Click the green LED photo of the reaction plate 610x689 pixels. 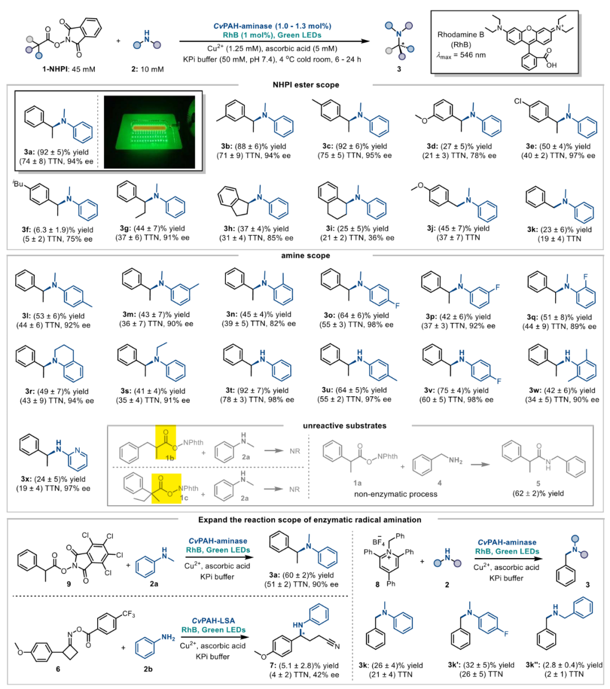pyautogui.click(x=150, y=132)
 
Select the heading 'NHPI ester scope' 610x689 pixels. pyautogui.click(x=306, y=85)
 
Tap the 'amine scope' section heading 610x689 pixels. pyautogui.click(x=306, y=256)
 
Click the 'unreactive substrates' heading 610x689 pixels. pyautogui.click(x=345, y=426)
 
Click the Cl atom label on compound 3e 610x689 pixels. pyautogui.click(x=518, y=102)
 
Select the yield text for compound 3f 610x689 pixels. pyautogui.click(x=58, y=230)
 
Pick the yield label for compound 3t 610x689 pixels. pyautogui.click(x=256, y=390)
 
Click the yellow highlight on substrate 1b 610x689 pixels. pyautogui.click(x=166, y=442)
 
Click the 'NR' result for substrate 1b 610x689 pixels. pyautogui.click(x=295, y=451)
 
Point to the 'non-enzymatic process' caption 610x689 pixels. pyautogui.click(x=395, y=494)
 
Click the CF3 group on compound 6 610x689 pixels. pyautogui.click(x=129, y=613)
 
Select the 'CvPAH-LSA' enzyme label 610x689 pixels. pyautogui.click(x=213, y=620)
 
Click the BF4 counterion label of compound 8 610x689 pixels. pyautogui.click(x=378, y=541)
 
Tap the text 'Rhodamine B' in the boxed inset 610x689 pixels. pyautogui.click(x=460, y=34)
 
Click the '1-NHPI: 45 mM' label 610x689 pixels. pyautogui.click(x=69, y=69)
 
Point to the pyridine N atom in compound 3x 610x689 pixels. pyautogui.click(x=77, y=450)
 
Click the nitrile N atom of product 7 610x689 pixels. pyautogui.click(x=337, y=646)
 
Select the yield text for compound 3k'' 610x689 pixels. pyautogui.click(x=564, y=665)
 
